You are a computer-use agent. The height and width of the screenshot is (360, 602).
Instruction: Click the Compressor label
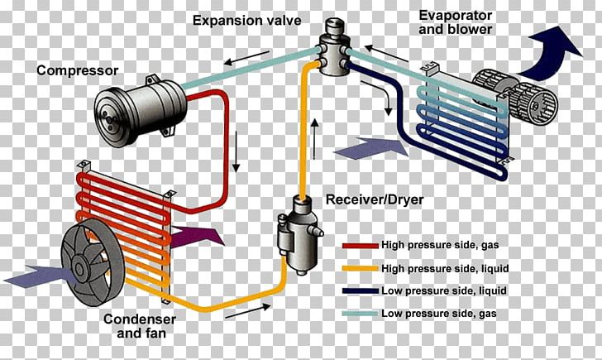(77, 70)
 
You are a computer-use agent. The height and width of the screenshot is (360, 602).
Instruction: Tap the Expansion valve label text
(247, 21)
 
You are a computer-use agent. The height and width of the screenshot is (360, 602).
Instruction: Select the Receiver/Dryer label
(375, 199)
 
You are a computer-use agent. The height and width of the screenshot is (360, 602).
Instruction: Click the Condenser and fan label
(140, 326)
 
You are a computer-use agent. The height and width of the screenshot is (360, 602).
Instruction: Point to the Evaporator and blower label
(456, 22)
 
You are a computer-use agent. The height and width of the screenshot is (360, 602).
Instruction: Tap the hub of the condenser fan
(79, 268)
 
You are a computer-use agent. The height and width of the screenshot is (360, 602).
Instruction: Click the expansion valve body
(333, 48)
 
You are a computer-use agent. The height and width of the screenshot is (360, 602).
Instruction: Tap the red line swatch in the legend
(361, 246)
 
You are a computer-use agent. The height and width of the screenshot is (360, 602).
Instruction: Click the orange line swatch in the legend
(361, 269)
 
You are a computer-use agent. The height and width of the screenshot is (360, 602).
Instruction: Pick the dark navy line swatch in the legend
(361, 290)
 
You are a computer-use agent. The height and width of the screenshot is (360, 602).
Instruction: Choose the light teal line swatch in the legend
(361, 314)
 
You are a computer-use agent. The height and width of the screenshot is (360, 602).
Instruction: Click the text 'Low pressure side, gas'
(439, 314)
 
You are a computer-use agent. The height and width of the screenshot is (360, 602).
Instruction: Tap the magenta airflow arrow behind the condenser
(196, 236)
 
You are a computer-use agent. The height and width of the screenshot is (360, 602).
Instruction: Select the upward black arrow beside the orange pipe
(314, 139)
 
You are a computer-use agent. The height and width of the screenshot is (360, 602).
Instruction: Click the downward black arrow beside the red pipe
(236, 151)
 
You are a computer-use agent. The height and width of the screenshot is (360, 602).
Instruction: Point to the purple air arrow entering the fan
(38, 276)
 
